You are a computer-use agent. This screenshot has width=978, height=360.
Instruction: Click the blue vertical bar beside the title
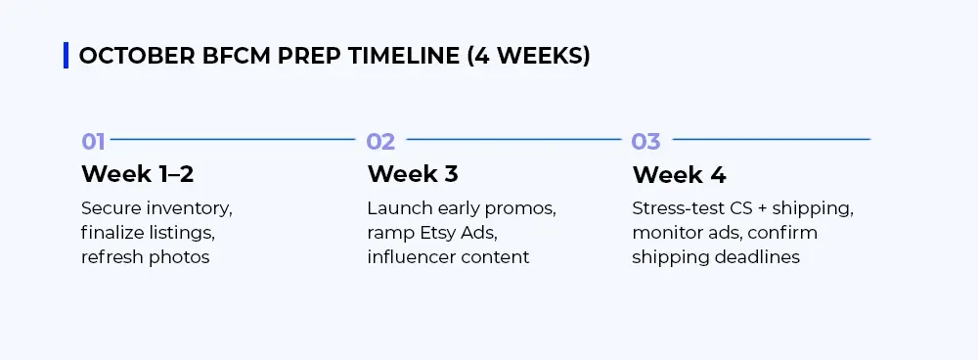66,56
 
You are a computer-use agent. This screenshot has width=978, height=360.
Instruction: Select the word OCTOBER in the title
137,56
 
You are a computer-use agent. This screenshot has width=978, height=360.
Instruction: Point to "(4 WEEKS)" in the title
528,56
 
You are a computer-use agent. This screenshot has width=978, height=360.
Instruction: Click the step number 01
93,142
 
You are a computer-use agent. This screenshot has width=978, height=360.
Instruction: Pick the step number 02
380,142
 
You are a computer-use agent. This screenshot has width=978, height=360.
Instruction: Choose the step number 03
645,142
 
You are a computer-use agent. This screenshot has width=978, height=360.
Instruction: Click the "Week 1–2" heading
137,174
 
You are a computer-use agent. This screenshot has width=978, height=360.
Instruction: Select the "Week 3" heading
413,174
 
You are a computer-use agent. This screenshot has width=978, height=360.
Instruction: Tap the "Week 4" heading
679,174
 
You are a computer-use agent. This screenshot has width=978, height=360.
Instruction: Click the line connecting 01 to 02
233,139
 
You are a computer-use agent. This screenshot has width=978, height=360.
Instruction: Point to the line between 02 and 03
513,139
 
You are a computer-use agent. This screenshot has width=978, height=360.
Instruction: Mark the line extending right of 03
771,139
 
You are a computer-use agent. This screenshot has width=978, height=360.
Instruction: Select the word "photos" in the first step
178,257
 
